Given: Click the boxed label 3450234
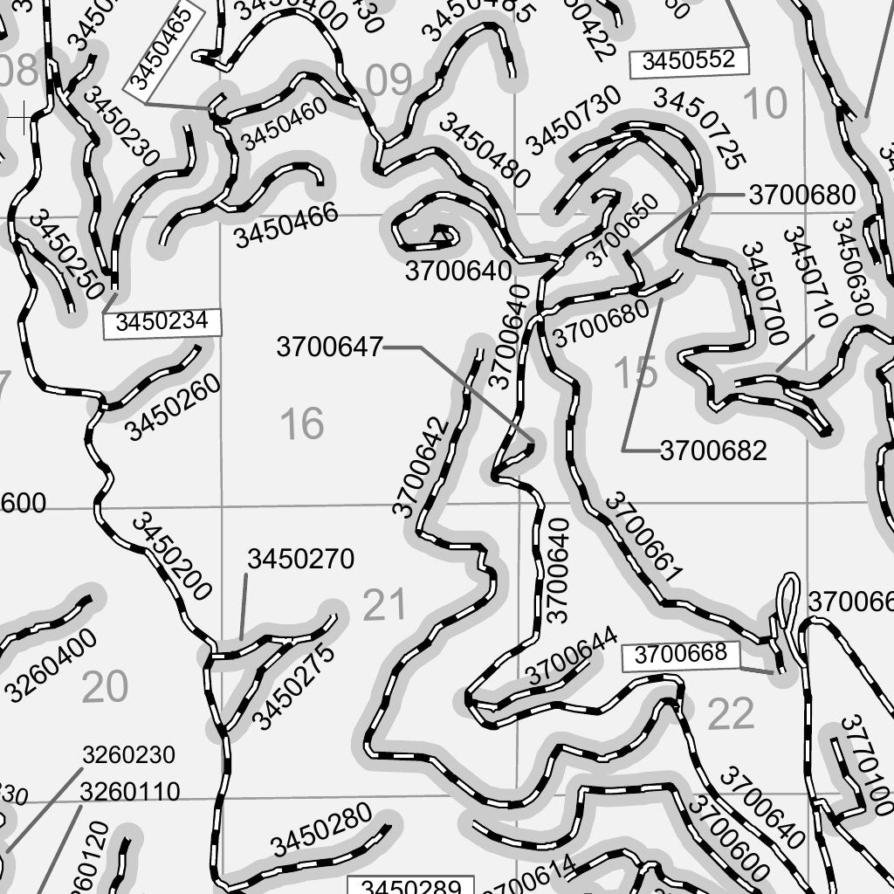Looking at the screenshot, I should pyautogui.click(x=162, y=322).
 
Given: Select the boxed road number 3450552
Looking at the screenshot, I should pyautogui.click(x=690, y=60).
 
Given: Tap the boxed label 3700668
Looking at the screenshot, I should pyautogui.click(x=680, y=655).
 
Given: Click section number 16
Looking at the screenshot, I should pyautogui.click(x=302, y=424).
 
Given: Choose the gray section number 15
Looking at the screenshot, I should pyautogui.click(x=635, y=374).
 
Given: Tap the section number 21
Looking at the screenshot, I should pyautogui.click(x=384, y=605).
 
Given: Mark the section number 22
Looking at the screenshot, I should pyautogui.click(x=730, y=716).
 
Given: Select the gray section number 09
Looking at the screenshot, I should pyautogui.click(x=389, y=80).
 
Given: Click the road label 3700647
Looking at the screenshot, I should pyautogui.click(x=329, y=347).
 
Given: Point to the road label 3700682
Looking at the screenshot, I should pyautogui.click(x=712, y=451).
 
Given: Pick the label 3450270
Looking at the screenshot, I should pyautogui.click(x=300, y=560).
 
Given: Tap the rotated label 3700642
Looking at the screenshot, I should pyautogui.click(x=422, y=467).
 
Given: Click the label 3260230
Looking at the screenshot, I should pyautogui.click(x=128, y=755).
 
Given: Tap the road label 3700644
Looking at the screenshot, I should pyautogui.click(x=572, y=656).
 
